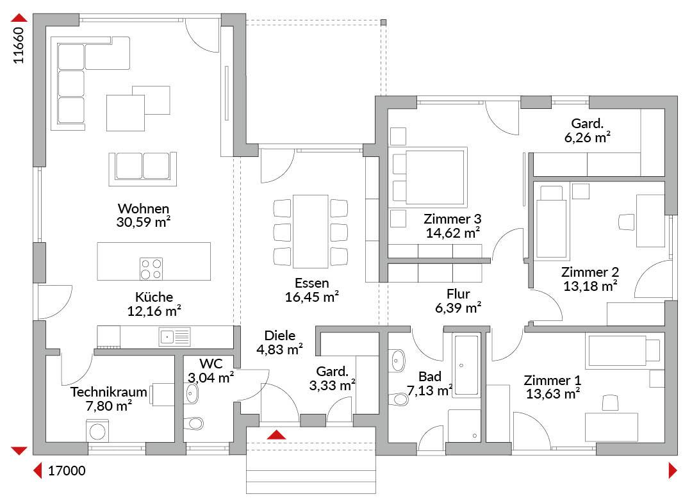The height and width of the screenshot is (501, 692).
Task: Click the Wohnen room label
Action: point(144,208)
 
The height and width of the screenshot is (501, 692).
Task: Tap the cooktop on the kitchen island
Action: point(151,269)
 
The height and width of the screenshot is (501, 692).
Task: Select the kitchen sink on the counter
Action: point(174,337)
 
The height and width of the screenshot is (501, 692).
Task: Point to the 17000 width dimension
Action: point(67,471)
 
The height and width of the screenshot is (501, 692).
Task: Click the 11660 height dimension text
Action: point(19,45)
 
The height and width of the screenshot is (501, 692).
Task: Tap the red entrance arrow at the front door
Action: point(277,435)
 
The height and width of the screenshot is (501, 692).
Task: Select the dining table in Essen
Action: point(311,231)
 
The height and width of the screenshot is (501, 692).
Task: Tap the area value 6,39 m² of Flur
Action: point(458,308)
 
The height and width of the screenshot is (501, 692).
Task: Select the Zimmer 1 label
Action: point(552,380)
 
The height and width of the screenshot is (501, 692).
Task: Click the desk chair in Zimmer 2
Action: point(626,222)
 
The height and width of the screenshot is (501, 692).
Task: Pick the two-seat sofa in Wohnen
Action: point(142,168)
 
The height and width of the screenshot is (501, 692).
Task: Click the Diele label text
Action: point(280,336)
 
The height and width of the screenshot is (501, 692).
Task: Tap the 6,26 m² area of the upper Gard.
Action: point(588,137)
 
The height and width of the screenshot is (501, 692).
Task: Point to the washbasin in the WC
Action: point(192,393)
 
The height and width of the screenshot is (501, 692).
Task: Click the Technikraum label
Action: point(108,391)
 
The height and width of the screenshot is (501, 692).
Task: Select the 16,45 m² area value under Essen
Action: point(311,297)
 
